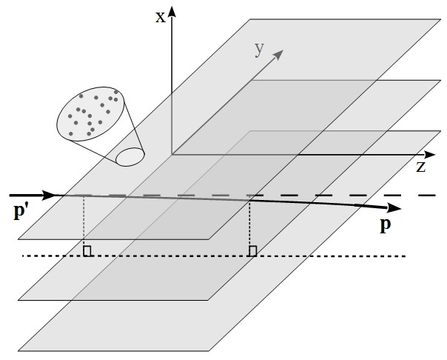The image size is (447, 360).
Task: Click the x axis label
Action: pyautogui.click(x=160, y=16)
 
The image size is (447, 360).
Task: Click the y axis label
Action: pyautogui.click(x=259, y=48)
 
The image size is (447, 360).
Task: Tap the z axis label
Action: pyautogui.click(x=420, y=167)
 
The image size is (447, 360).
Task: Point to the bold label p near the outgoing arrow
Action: pyautogui.click(x=385, y=225)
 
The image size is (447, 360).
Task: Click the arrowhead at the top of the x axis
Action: pyautogui.click(x=172, y=10)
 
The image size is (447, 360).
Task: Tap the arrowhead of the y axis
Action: pyautogui.click(x=280, y=54)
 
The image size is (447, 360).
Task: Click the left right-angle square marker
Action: pyautogui.click(x=87, y=252)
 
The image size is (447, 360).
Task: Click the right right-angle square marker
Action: pyautogui.click(x=253, y=252)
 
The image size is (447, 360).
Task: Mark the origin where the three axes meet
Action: pyautogui.click(x=172, y=154)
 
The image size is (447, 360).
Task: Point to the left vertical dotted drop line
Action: pyautogui.click(x=84, y=222)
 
